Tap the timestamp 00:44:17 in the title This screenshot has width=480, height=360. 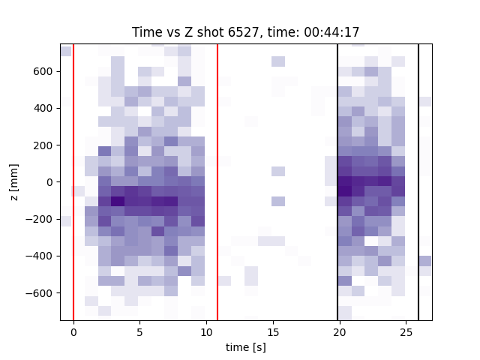[x=331, y=31]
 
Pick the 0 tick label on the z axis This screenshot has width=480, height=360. [x=49, y=182]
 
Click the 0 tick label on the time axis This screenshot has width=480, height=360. [x=73, y=332]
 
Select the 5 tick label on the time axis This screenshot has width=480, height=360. [x=140, y=332]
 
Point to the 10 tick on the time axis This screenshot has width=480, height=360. [x=207, y=332]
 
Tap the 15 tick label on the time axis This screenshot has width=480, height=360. [x=273, y=332]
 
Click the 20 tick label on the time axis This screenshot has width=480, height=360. [x=340, y=332]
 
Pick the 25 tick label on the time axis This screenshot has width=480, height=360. [x=406, y=332]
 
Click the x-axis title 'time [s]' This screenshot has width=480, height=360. [x=246, y=347]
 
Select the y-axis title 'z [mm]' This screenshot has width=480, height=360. [x=14, y=182]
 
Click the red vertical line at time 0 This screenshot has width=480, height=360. [x=73, y=182]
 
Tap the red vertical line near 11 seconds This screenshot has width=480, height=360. [x=217, y=182]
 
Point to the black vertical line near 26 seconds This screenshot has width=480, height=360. [x=418, y=182]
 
